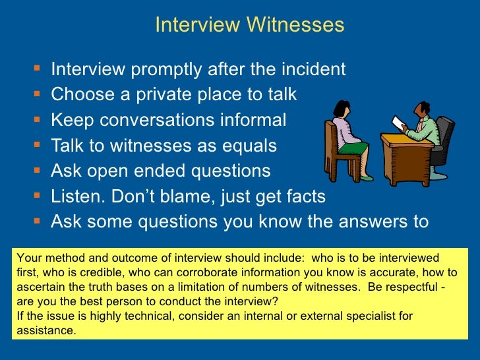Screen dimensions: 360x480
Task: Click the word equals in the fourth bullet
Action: click(247, 146)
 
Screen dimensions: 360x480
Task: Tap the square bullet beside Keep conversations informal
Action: click(36, 121)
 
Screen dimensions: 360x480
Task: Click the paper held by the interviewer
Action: click(398, 123)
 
